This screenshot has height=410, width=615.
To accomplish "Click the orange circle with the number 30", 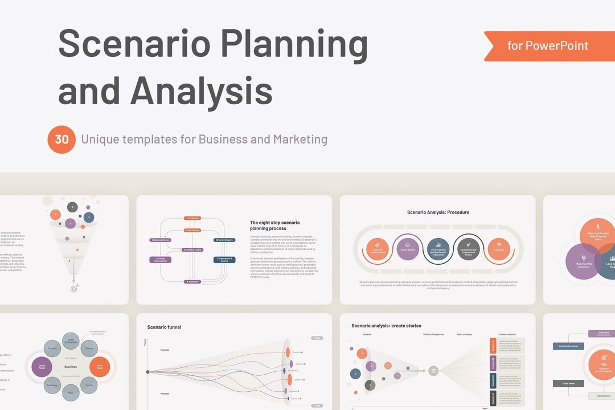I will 61,140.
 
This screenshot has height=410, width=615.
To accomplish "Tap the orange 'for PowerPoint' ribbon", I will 548,46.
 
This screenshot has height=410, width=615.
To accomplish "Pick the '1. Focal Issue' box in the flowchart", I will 192,218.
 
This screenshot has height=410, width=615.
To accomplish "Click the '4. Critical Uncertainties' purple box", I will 160,260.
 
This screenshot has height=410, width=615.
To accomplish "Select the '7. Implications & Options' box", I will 225,260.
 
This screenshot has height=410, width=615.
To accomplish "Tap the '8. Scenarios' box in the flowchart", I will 192,282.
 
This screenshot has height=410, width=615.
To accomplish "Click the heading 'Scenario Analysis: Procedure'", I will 438,212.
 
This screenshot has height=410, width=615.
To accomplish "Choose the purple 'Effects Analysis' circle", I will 408,249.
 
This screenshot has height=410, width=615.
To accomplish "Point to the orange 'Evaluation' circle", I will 498,249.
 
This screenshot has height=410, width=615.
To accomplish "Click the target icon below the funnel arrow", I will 73,289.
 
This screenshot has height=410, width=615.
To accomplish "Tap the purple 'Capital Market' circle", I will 42,367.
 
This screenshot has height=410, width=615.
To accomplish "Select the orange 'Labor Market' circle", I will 100,367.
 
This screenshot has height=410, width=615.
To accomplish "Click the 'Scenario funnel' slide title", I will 165,327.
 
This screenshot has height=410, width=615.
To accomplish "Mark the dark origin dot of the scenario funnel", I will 148,372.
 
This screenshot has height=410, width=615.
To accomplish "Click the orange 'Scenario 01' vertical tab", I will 493,345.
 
